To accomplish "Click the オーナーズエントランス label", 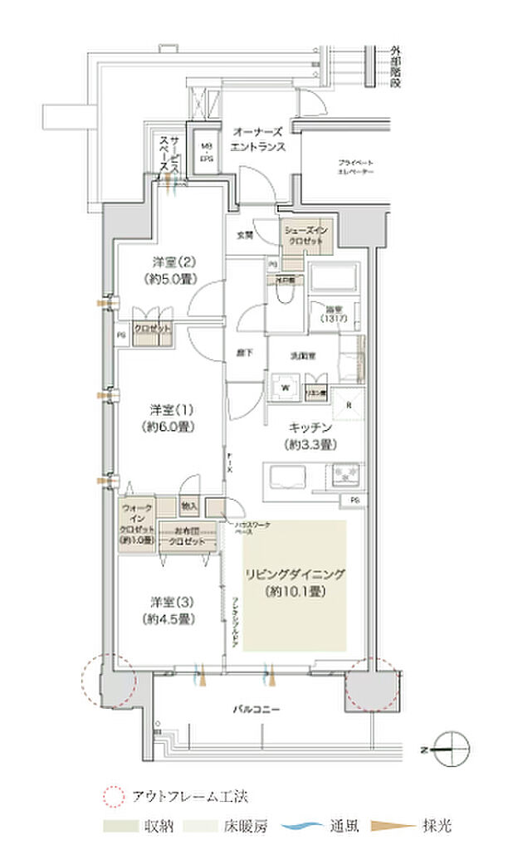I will pos(258,139).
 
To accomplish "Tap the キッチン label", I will pos(311,435).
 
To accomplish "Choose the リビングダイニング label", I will pos(295,583).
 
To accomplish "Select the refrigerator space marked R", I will pos(349,406).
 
